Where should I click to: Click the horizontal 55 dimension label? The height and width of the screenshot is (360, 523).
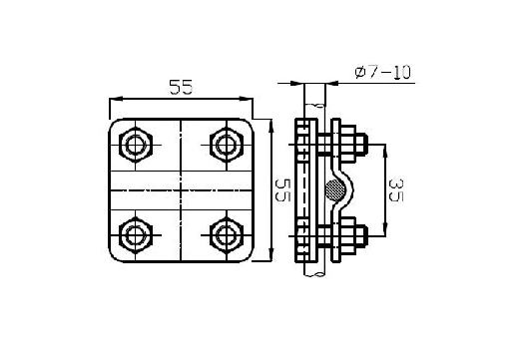pyautogui.click(x=181, y=87)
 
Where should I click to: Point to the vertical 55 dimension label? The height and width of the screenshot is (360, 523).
pyautogui.click(x=282, y=190)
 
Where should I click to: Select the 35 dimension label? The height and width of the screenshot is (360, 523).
pyautogui.click(x=396, y=190)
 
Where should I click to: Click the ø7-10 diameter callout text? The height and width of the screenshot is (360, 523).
pyautogui.click(x=382, y=73)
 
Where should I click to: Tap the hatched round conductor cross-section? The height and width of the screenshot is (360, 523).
pyautogui.click(x=335, y=190)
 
